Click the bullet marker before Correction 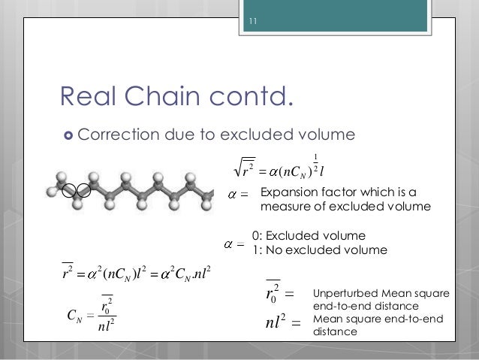[x=67, y=136]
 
